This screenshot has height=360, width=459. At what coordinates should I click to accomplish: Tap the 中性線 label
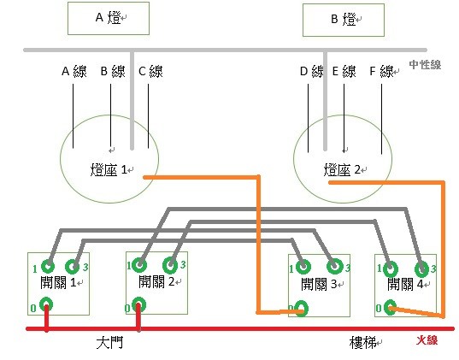[x=425, y=65]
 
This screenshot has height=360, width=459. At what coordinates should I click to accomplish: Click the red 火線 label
[x=427, y=340]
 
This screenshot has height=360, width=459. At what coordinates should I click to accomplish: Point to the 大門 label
[x=109, y=342]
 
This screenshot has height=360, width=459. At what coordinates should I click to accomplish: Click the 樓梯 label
[x=362, y=342]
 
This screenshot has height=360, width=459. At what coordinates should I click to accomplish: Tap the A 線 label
[x=74, y=71]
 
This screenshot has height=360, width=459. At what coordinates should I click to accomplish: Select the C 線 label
[x=150, y=71]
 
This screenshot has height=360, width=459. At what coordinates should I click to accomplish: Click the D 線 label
[x=312, y=71]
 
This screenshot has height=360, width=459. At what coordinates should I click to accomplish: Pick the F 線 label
[x=382, y=71]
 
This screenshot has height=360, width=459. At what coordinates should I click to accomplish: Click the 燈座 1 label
[x=109, y=169]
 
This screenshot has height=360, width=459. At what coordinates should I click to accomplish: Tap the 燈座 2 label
[x=342, y=169]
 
